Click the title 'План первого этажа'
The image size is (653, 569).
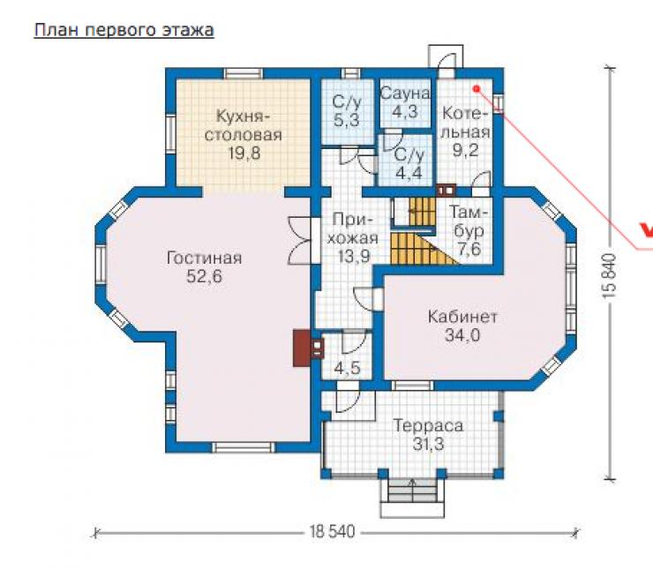click(124, 31)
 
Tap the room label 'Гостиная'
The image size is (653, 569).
click(204, 258)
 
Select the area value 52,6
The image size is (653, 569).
click(204, 276)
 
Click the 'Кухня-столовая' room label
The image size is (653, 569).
click(244, 125)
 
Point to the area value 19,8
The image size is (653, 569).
click(244, 153)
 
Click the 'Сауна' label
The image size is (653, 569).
click(405, 94)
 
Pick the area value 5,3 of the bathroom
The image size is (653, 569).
click(347, 120)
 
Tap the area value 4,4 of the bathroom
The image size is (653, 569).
click(409, 173)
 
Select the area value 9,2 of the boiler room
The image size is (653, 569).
click(466, 150)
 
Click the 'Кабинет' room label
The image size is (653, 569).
click(462, 318)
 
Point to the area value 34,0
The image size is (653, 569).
click(462, 335)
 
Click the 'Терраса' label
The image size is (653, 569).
click(428, 426)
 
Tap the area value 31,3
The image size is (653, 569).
click(429, 445)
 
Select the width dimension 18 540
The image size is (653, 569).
click(333, 532)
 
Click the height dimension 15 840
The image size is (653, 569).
click(609, 275)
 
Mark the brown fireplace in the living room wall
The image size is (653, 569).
click(302, 348)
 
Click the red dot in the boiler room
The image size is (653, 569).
click(477, 88)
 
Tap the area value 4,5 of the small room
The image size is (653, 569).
click(347, 369)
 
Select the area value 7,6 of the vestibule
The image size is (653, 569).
click(469, 250)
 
